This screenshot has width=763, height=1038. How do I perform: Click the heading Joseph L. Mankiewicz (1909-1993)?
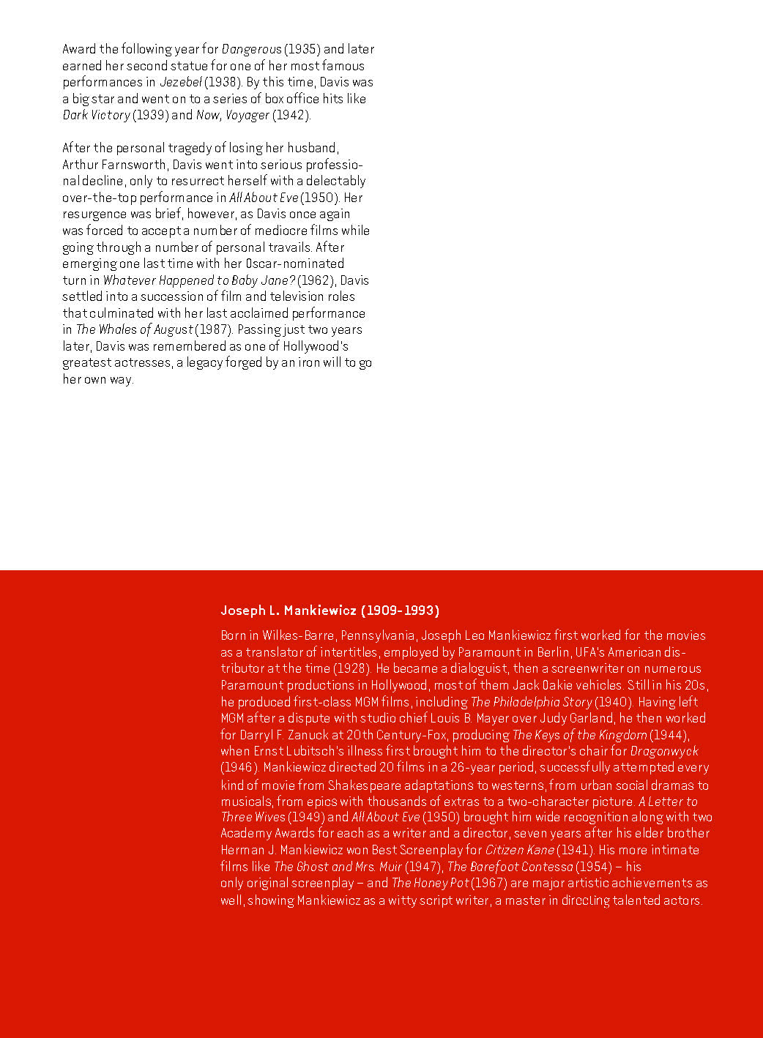(330, 611)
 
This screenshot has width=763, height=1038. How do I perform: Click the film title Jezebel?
(181, 82)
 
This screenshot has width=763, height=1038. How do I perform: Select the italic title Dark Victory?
(96, 115)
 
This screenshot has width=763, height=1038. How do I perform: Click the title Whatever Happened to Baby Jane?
(198, 280)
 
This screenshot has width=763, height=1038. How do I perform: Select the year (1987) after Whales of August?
(212, 329)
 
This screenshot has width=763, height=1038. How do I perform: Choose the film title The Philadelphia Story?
(531, 702)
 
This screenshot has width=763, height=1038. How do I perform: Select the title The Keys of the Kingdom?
(579, 735)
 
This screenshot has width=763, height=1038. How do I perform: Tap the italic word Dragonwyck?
(663, 751)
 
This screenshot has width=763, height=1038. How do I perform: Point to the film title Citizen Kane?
(519, 850)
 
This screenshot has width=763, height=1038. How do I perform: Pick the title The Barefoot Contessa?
(510, 867)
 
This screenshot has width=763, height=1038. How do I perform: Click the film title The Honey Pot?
(429, 883)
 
